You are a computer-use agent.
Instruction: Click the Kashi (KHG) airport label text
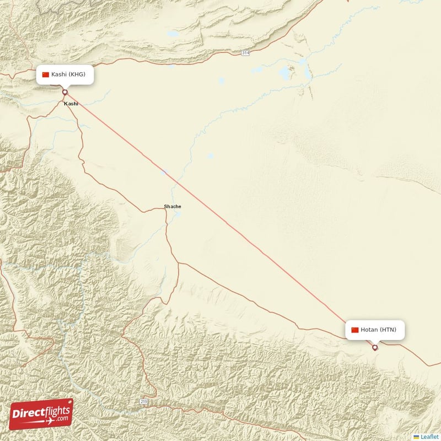click(x=68, y=74)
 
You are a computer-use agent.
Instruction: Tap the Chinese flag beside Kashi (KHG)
click(x=46, y=74)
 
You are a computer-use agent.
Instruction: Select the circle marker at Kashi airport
click(x=64, y=92)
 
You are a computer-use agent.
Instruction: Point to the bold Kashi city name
click(x=71, y=104)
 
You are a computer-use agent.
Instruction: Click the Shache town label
click(x=172, y=207)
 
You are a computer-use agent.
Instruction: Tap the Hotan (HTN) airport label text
click(x=378, y=330)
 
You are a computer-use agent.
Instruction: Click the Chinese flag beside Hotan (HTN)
click(x=355, y=330)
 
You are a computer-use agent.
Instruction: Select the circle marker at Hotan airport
click(x=375, y=347)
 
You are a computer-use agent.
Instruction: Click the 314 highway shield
click(x=245, y=52)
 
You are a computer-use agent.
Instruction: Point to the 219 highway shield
click(x=144, y=402)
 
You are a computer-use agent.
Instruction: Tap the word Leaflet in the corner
click(x=430, y=437)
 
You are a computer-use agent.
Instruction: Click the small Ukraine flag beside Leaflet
click(x=416, y=437)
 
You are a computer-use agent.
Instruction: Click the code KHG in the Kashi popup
click(x=77, y=74)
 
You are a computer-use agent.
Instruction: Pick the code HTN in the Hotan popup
click(x=388, y=330)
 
